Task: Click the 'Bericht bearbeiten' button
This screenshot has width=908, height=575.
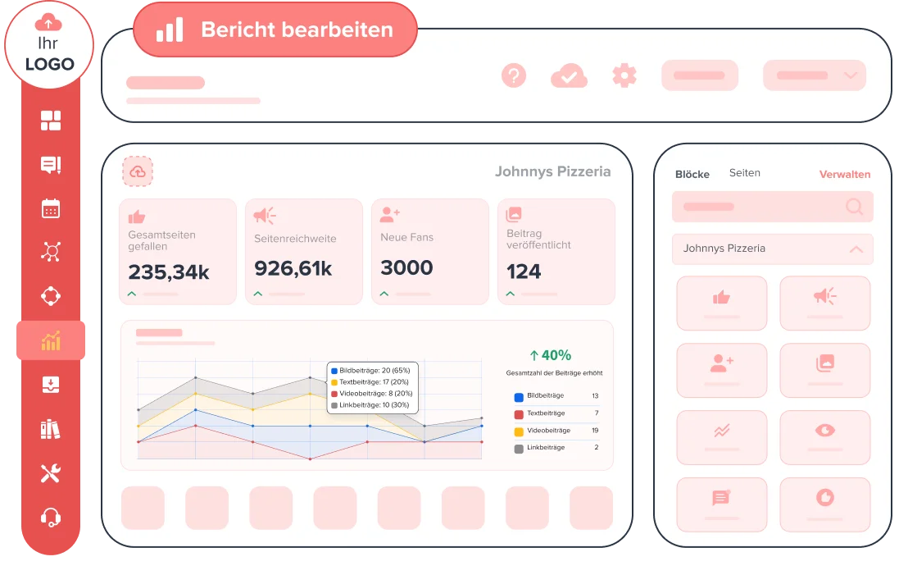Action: [x=275, y=30]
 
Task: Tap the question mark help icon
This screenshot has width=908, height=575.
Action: [x=513, y=75]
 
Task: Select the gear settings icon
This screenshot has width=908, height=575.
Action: [x=624, y=75]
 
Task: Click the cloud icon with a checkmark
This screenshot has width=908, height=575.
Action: [x=569, y=76]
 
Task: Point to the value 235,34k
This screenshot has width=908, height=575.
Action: [x=169, y=272]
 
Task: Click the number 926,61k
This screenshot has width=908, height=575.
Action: [x=293, y=268]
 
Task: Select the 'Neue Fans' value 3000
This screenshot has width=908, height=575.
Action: [x=406, y=267]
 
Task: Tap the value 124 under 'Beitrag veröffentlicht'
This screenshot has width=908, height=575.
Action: [x=524, y=271]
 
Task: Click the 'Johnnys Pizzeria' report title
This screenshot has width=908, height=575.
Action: [x=552, y=171]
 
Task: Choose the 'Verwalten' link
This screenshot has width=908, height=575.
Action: [x=845, y=174]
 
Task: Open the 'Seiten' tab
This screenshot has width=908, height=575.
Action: [x=745, y=173]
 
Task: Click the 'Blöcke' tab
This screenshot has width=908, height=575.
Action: [x=692, y=174]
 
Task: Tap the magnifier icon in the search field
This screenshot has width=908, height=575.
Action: [x=854, y=207]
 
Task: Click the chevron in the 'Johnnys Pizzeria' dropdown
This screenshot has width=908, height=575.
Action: [x=856, y=249]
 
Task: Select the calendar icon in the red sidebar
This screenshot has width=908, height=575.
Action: [x=51, y=208]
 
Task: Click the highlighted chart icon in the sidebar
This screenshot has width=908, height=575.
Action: [x=51, y=340]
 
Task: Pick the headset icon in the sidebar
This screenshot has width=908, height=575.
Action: [x=51, y=517]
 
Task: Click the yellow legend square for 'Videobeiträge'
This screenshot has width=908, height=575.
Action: [x=519, y=431]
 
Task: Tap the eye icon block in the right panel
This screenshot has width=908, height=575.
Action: [x=824, y=430]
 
